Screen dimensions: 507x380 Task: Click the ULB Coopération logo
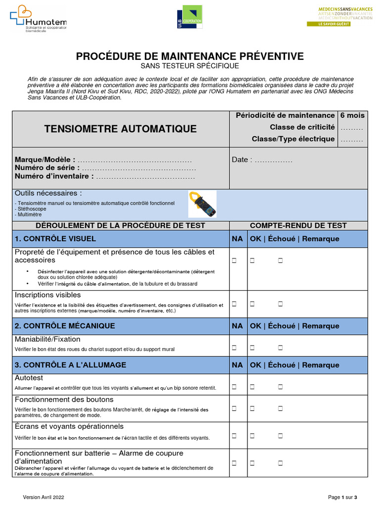click(190, 19)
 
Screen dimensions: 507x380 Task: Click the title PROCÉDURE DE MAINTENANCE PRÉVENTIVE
click(190, 56)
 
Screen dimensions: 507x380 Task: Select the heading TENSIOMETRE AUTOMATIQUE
click(120, 129)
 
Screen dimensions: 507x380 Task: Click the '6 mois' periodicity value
click(352, 115)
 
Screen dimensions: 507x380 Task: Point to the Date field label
click(242, 160)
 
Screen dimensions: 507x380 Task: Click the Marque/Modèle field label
click(45, 160)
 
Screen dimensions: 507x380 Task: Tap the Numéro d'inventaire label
click(54, 176)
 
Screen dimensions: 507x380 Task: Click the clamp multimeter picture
click(203, 204)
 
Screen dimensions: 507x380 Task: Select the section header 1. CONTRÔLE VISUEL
click(55, 239)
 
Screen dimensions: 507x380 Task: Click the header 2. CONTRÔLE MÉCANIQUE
click(65, 326)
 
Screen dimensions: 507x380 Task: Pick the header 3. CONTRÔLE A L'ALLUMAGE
click(70, 365)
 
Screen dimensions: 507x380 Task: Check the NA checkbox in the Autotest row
click(234, 386)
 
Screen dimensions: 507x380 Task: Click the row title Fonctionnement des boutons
click(64, 400)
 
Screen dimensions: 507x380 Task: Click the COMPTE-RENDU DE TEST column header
click(298, 225)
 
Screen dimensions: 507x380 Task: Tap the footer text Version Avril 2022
click(44, 497)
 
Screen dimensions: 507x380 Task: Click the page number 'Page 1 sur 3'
click(342, 497)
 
